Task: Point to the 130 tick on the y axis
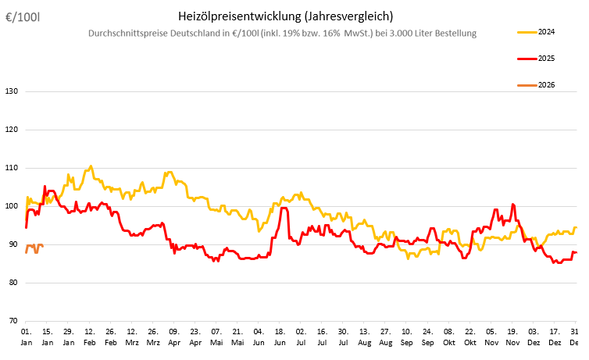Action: tap(12, 91)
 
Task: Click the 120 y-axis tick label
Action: tap(12, 130)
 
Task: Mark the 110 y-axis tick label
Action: tap(12, 168)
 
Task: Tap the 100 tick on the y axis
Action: tap(12, 206)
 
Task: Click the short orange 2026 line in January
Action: tap(34, 247)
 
